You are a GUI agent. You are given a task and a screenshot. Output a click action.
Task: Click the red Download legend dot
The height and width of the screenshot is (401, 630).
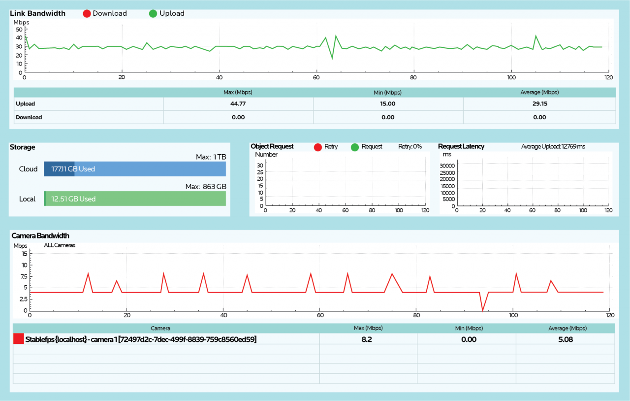tap(87, 13)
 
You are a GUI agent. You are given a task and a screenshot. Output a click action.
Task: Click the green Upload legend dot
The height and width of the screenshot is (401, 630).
tap(153, 13)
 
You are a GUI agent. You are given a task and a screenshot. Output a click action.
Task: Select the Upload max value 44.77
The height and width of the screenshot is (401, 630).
tap(238, 104)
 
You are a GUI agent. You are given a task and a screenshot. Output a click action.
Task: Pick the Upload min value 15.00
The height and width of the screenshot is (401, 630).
tap(388, 104)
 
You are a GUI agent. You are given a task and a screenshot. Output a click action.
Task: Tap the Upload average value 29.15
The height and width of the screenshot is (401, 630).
tap(539, 104)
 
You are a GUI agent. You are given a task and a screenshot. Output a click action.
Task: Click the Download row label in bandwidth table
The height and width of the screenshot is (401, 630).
tap(29, 117)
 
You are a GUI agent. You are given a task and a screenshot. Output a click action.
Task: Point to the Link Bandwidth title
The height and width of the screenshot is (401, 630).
tap(37, 13)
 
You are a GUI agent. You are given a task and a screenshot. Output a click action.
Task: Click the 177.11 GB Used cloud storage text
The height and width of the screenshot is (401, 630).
tap(73, 169)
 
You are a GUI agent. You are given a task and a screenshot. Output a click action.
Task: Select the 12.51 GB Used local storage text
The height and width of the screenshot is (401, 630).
tap(73, 199)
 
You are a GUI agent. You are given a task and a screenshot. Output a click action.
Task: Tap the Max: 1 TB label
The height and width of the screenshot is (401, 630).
tap(211, 157)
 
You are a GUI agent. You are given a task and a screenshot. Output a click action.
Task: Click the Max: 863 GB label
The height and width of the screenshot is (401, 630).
tap(206, 187)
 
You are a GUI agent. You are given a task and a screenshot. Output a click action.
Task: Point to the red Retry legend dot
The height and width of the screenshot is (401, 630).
tap(318, 147)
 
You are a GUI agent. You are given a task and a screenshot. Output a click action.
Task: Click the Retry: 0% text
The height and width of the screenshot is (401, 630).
tap(409, 147)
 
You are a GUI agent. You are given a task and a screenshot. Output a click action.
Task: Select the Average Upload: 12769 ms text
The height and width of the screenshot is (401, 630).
tap(553, 147)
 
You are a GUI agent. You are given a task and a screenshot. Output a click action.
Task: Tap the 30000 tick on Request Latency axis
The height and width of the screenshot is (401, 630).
tap(447, 166)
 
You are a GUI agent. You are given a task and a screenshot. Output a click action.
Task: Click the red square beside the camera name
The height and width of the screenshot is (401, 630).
tap(18, 339)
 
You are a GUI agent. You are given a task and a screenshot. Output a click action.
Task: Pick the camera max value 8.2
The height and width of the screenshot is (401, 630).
tap(368, 339)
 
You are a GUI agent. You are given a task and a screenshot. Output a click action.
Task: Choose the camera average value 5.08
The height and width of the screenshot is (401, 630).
tap(565, 339)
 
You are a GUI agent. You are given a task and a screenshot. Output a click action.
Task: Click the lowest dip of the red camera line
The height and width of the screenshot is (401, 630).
tap(483, 310)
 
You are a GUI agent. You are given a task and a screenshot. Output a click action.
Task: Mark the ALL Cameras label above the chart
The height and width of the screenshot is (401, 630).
tap(60, 245)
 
